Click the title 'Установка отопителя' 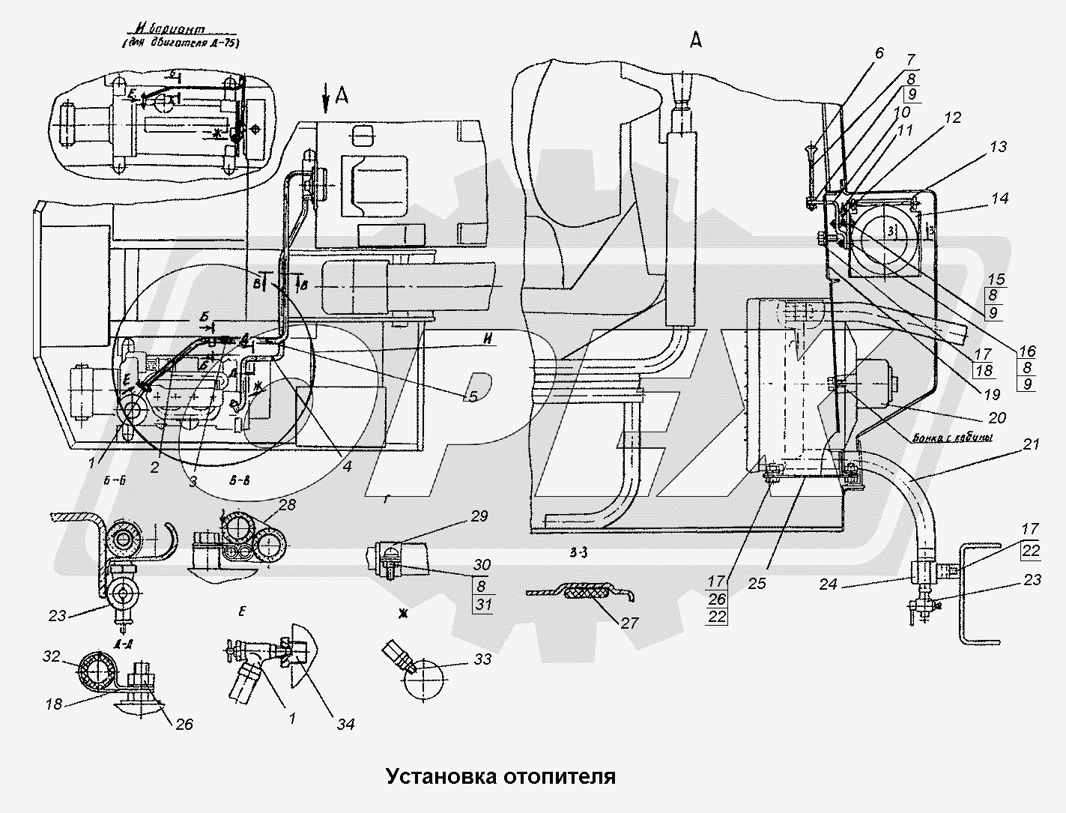[500, 776]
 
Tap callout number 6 [879, 53]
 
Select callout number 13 [998, 148]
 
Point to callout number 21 [1032, 444]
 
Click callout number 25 [757, 583]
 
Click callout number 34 [345, 724]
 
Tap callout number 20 [997, 418]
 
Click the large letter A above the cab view [696, 43]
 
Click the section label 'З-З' [578, 554]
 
